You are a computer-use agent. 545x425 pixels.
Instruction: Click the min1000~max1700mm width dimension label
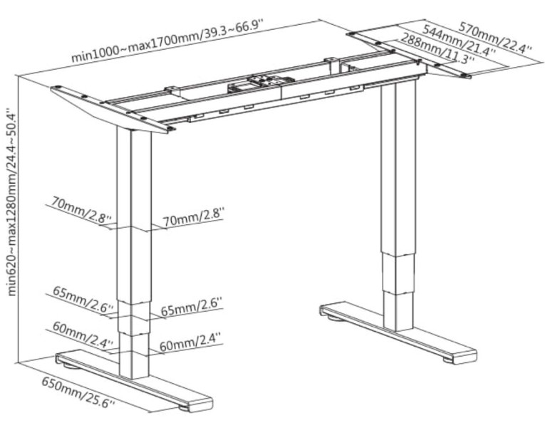pyautogui.click(x=167, y=41)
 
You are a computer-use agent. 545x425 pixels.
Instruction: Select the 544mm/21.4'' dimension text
pyautogui.click(x=460, y=41)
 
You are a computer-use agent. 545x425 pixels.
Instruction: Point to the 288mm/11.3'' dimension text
pyautogui.click(x=437, y=48)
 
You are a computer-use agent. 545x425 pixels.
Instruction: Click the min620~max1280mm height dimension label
pyautogui.click(x=11, y=203)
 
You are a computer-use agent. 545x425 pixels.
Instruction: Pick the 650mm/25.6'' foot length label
pyautogui.click(x=78, y=392)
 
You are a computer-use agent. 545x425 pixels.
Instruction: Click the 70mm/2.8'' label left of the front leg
pyautogui.click(x=82, y=210)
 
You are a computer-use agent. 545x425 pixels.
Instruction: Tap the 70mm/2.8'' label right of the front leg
pyautogui.click(x=194, y=217)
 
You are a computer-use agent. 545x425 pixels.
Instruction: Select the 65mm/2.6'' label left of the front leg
pyautogui.click(x=83, y=298)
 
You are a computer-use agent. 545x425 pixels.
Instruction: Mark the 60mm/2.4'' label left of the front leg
pyautogui.click(x=83, y=334)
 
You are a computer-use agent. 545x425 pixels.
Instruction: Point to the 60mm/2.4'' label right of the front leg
pyautogui.click(x=190, y=342)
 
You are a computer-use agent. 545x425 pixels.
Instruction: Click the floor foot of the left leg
pyautogui.click(x=135, y=382)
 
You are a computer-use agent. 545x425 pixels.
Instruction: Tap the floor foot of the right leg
pyautogui.click(x=398, y=332)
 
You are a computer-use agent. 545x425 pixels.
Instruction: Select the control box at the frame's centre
pyautogui.click(x=261, y=83)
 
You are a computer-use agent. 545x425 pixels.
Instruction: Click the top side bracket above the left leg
pyautogui.click(x=113, y=109)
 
